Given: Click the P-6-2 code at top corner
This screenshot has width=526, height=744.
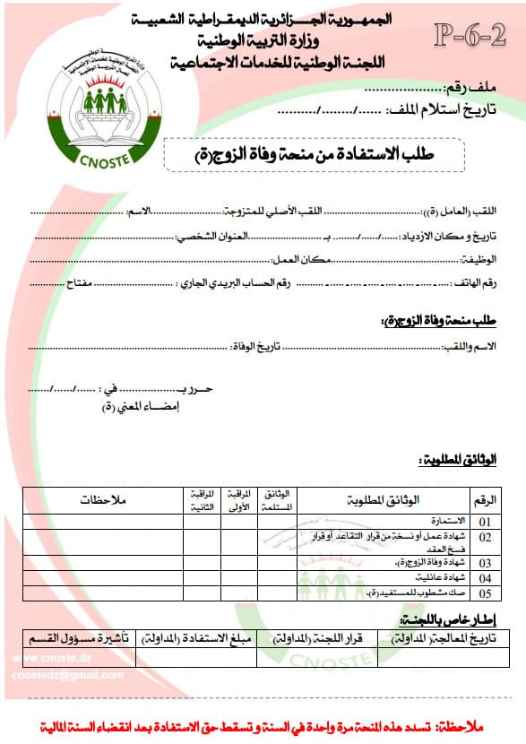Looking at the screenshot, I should (469, 36).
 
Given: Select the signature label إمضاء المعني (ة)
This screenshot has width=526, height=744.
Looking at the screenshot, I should (134, 406).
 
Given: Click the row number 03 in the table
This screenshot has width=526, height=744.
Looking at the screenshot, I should (485, 564).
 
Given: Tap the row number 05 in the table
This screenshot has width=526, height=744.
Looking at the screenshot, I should (485, 593).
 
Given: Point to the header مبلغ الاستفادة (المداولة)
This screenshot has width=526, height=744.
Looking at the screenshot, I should (201, 639).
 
